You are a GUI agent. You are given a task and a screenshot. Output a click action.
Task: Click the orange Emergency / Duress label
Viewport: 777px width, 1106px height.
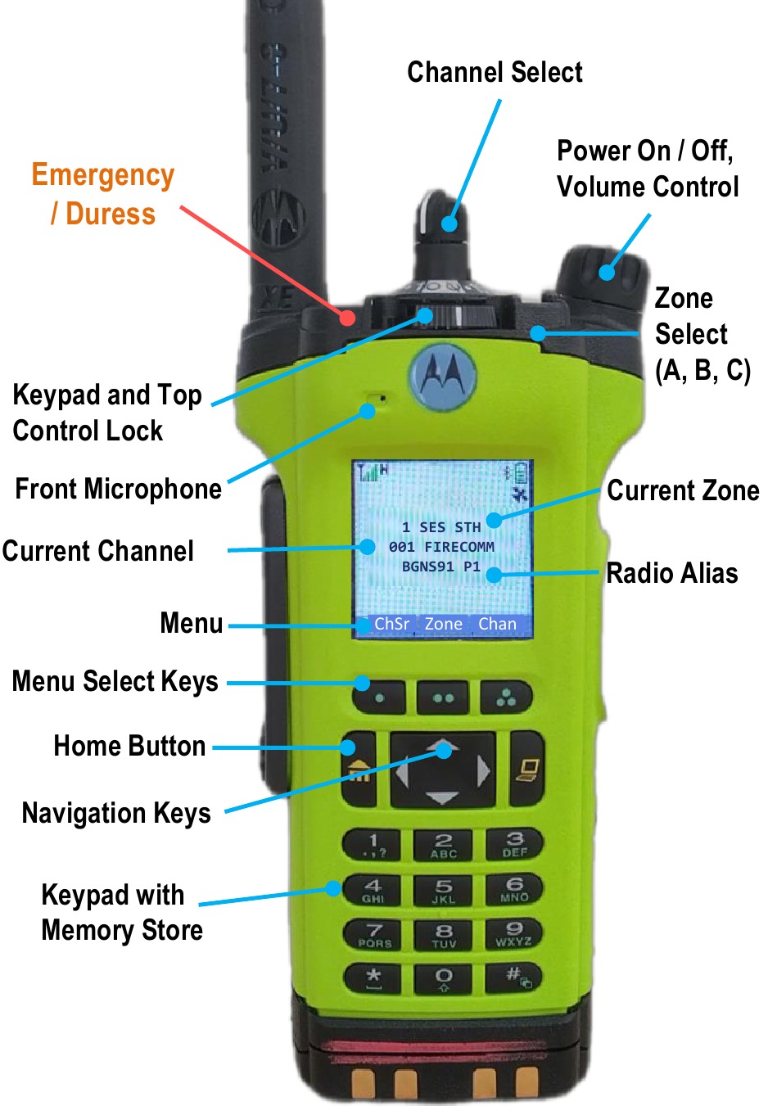pos(103,195)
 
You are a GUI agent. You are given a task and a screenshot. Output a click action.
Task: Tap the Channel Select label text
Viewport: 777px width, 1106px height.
pos(495,72)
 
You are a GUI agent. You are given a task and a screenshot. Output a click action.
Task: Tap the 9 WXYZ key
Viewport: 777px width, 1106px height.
pos(514,933)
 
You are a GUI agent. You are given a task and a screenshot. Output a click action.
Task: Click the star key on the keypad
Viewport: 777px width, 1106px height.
pos(373,977)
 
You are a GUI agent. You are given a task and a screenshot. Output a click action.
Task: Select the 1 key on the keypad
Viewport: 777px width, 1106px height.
pos(373,844)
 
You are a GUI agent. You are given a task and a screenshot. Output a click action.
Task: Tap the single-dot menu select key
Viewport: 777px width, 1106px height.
pos(379,698)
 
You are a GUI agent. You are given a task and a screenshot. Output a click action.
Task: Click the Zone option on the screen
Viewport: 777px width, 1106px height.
pos(444,624)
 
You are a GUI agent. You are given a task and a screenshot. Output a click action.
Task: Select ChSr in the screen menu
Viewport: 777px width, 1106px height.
pos(391,624)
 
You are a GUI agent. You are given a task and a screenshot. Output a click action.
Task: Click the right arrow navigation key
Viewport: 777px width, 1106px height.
pos(484,770)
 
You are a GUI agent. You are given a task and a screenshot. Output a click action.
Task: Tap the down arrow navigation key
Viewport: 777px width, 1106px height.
pos(442,797)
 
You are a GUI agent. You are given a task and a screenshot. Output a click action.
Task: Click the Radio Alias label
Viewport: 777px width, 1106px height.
pos(672,573)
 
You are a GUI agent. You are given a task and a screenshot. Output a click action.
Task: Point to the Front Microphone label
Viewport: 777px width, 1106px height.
pos(119,489)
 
